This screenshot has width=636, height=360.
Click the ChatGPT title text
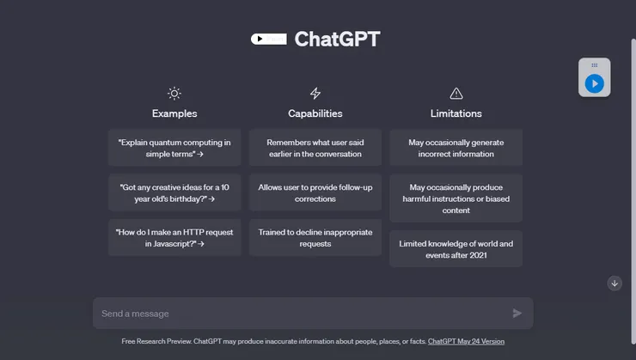337,39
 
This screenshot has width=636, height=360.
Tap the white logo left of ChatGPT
269,39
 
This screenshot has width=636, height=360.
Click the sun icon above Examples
174,94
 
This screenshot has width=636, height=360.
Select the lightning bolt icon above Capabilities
315,94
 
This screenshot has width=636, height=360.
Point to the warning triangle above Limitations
456,94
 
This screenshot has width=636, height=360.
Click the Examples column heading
174,113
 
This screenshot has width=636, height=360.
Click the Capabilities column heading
315,113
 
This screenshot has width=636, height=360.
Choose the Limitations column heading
456,113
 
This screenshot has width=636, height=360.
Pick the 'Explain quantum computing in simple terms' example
174,148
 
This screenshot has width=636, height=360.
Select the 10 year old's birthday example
174,192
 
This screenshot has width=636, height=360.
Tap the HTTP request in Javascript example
174,237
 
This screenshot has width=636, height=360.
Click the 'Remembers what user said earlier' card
315,148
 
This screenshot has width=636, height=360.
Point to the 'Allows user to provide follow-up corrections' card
315,192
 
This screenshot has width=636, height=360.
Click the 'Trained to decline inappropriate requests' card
315,237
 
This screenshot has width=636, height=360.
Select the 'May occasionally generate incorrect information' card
456,148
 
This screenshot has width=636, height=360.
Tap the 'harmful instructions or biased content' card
456,198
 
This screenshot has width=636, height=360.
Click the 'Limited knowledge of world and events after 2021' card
456,248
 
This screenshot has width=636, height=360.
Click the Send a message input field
301,314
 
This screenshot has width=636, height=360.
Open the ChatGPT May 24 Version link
466,341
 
